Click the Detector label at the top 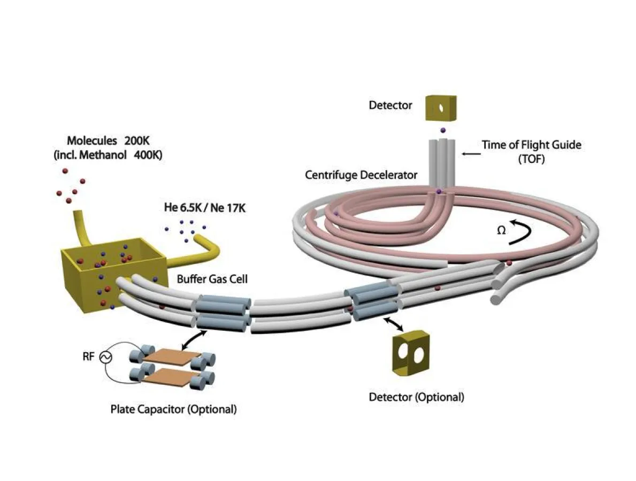[x=390, y=105]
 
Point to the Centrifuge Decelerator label [x=361, y=175]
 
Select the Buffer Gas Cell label [x=212, y=279]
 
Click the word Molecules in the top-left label [x=91, y=141]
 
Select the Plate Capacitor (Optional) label [x=173, y=410]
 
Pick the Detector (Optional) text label [x=416, y=397]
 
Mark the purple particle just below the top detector [x=442, y=130]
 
